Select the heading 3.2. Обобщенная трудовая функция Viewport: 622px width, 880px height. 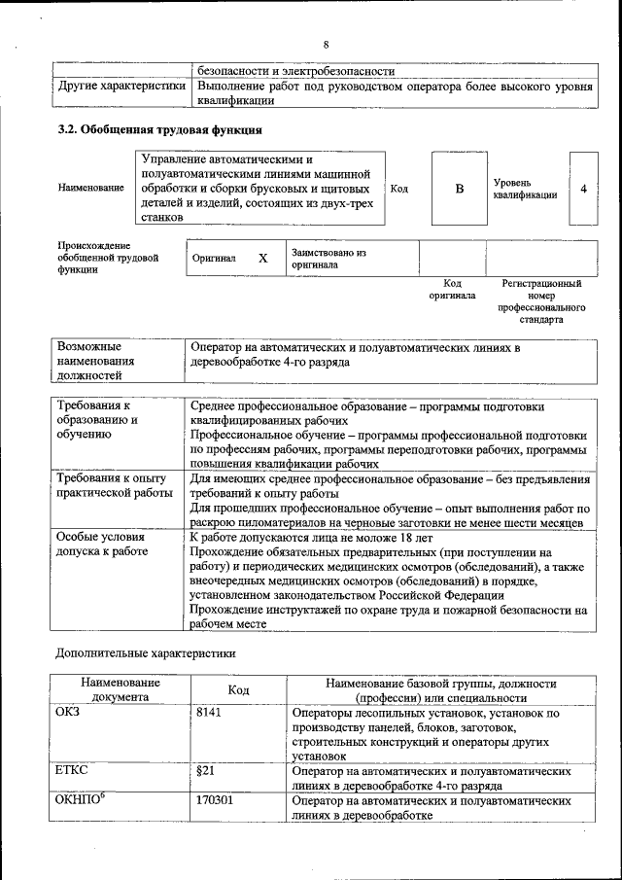pyautogui.click(x=157, y=129)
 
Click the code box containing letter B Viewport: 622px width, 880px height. pyautogui.click(x=459, y=189)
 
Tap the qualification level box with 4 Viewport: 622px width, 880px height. pyautogui.click(x=583, y=189)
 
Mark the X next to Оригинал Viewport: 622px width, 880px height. pyautogui.click(x=262, y=259)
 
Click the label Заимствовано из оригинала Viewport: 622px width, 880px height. pyautogui.click(x=328, y=259)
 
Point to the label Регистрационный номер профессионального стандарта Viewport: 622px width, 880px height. pyautogui.click(x=540, y=301)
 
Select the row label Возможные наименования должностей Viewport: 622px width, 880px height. pyautogui.click(x=95, y=359)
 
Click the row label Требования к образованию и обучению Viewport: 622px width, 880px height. pyautogui.click(x=97, y=420)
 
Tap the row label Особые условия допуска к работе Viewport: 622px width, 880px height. pyautogui.click(x=101, y=544)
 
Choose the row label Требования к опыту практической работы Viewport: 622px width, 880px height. pyautogui.click(x=111, y=486)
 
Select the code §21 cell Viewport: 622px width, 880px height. pyautogui.click(x=205, y=771)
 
